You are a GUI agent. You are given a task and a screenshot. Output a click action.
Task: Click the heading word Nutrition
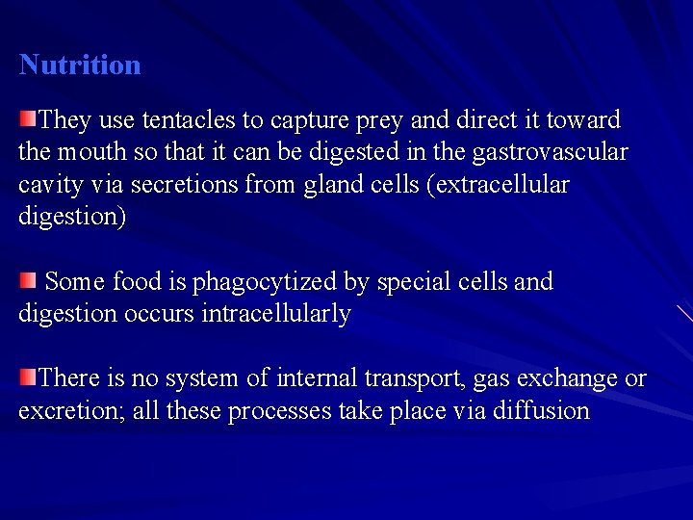click(x=80, y=65)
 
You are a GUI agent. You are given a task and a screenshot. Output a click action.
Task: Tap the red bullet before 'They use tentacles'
click(x=28, y=119)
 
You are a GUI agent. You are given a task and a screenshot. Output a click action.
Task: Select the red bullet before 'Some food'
click(x=28, y=280)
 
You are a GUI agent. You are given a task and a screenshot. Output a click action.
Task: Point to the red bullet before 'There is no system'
click(x=28, y=377)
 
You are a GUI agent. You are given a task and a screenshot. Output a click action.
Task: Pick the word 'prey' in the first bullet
click(x=383, y=121)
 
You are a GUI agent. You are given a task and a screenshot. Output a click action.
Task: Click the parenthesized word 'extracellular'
click(x=502, y=184)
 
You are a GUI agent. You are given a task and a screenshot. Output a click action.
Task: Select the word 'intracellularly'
click(x=276, y=314)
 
